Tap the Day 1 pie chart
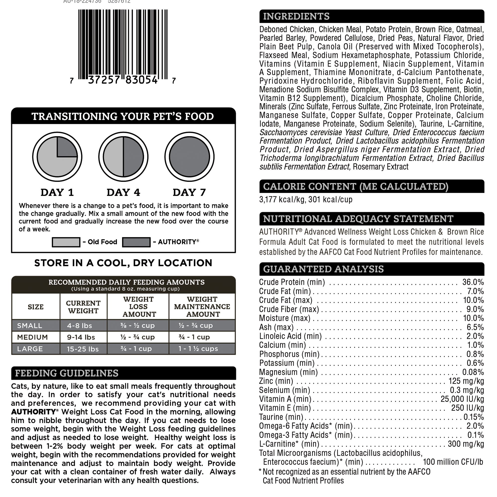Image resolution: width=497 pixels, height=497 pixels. pyautogui.click(x=57, y=157)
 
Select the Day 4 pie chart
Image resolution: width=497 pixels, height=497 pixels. pyautogui.click(x=123, y=157)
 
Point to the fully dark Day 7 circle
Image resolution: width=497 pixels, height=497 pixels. pyautogui.click(x=189, y=157)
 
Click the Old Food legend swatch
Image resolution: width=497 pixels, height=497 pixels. pyautogui.click(x=66, y=242)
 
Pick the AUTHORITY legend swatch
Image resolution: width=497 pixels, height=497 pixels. pyautogui.click(x=136, y=242)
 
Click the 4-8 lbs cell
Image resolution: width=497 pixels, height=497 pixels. pyautogui.click(x=80, y=326)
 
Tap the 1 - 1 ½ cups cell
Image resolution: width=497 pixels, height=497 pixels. pyautogui.click(x=198, y=349)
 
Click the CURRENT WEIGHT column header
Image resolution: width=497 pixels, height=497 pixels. pyautogui.click(x=83, y=307)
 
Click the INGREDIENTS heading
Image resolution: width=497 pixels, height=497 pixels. pyautogui.click(x=296, y=16)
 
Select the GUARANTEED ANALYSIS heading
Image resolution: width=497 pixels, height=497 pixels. pyautogui.click(x=323, y=269)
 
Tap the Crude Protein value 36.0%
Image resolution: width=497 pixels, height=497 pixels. pyautogui.click(x=473, y=282)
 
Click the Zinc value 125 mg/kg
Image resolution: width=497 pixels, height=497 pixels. pyautogui.click(x=466, y=381)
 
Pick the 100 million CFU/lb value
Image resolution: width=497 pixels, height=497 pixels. pyautogui.click(x=453, y=462)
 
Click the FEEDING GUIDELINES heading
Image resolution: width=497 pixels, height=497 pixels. pyautogui.click(x=67, y=373)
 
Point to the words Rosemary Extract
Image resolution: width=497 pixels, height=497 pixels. pyautogui.click(x=380, y=167)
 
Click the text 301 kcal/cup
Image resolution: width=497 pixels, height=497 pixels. pyautogui.click(x=330, y=199)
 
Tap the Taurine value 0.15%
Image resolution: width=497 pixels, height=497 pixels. pyautogui.click(x=473, y=417)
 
